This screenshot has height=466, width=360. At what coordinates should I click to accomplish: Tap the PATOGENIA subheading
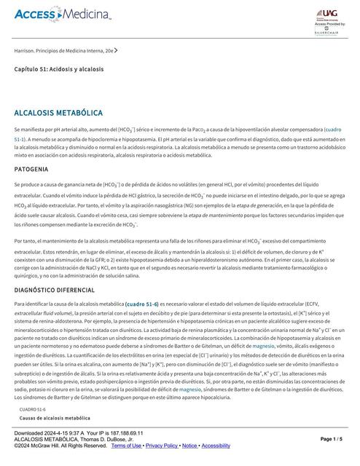pos(34,168)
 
